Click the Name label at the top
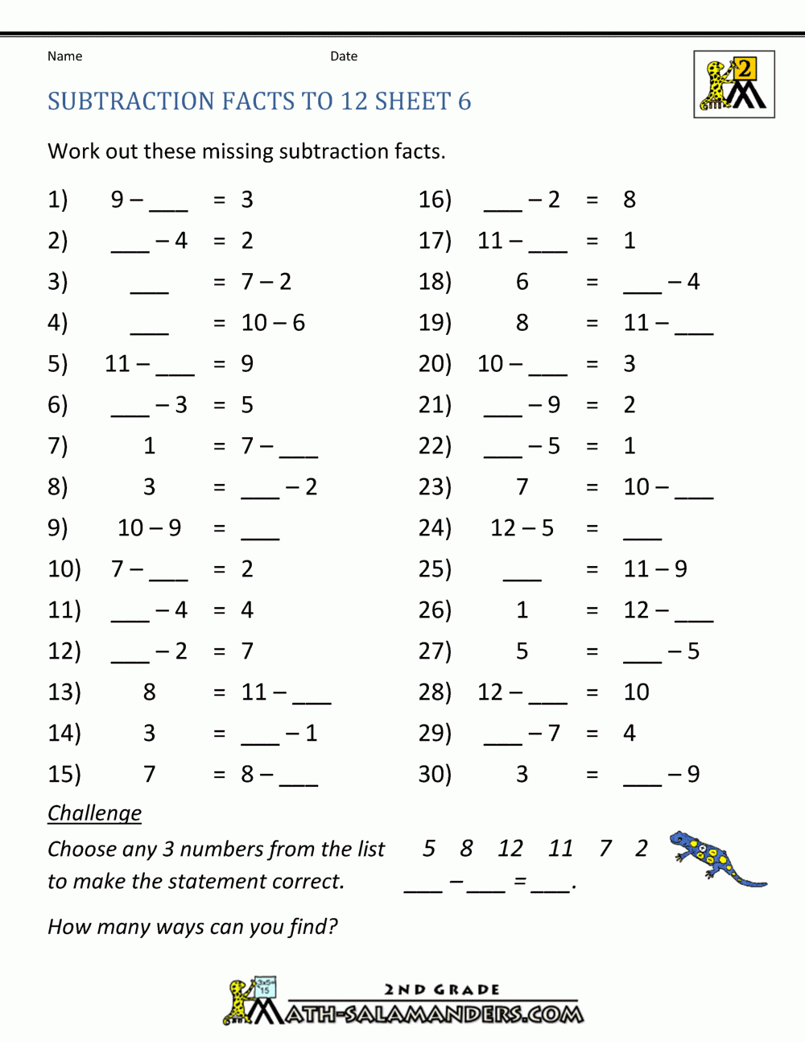click(64, 56)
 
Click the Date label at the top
click(344, 56)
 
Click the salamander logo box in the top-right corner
click(733, 85)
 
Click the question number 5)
click(58, 364)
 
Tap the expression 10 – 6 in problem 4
click(273, 323)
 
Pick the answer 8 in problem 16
click(630, 200)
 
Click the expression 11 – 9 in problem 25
click(655, 569)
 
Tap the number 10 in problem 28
click(636, 693)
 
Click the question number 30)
click(435, 775)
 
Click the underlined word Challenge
click(94, 813)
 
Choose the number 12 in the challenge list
click(510, 849)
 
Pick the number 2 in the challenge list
click(641, 849)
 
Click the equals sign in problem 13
click(219, 693)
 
